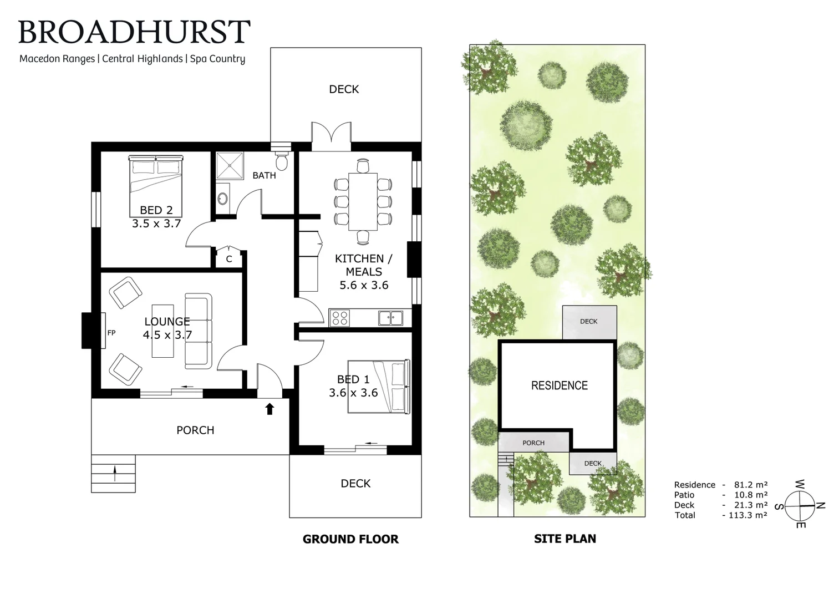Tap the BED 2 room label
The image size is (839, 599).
pos(156,210)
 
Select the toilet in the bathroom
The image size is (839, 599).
pos(282,161)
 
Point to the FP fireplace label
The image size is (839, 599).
pos(111,333)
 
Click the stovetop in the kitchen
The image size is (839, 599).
pos(339,318)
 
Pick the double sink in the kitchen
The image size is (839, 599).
pos(391,318)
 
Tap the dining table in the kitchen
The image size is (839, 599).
pos(363,201)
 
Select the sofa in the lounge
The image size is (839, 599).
pos(198,332)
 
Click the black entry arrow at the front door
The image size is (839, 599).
pos(270,409)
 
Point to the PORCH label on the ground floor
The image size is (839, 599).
pos(195,430)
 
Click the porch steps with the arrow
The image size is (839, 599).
pos(113,474)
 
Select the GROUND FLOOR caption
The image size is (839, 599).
pos(350,539)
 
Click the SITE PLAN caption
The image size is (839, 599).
pos(565,539)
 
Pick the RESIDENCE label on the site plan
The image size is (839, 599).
pos(559,385)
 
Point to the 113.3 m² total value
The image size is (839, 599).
pos(745,515)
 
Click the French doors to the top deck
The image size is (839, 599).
pos(331,136)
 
